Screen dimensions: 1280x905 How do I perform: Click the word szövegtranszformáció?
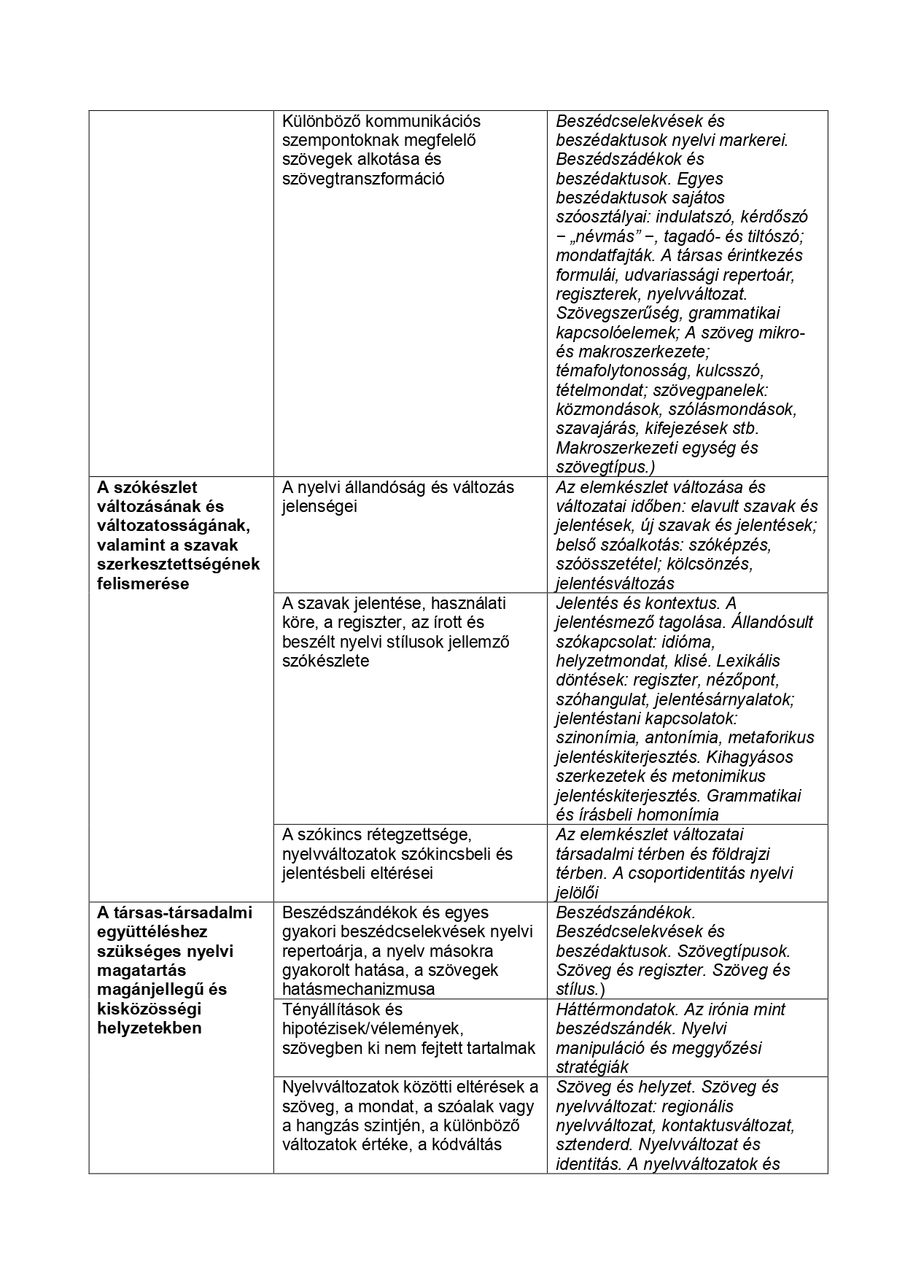[x=363, y=179]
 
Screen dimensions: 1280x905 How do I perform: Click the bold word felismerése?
[x=143, y=583]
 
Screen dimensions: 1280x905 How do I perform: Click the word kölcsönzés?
[x=711, y=565]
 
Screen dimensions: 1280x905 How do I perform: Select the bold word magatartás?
[x=141, y=970]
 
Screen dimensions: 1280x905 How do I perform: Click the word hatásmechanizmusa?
[x=358, y=990]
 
